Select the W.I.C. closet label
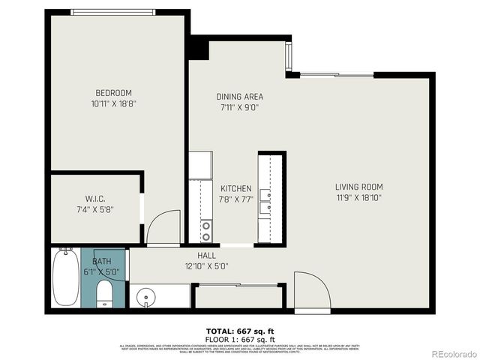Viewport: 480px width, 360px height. (x=94, y=198)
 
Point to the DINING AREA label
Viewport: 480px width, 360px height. (x=239, y=97)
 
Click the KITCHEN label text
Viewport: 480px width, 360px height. (x=235, y=189)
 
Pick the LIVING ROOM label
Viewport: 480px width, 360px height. (x=358, y=187)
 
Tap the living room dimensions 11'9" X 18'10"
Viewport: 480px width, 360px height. (x=358, y=198)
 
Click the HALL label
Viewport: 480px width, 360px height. (x=207, y=255)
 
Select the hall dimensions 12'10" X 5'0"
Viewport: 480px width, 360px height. (x=207, y=265)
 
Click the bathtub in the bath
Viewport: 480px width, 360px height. (x=65, y=277)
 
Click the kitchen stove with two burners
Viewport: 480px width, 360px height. (x=205, y=230)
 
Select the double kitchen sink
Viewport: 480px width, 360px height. (x=265, y=202)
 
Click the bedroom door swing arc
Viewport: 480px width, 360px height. (x=164, y=227)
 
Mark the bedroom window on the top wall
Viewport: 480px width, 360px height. (x=113, y=12)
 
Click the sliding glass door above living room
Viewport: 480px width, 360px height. (x=337, y=74)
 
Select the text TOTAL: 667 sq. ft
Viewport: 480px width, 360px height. (x=239, y=330)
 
